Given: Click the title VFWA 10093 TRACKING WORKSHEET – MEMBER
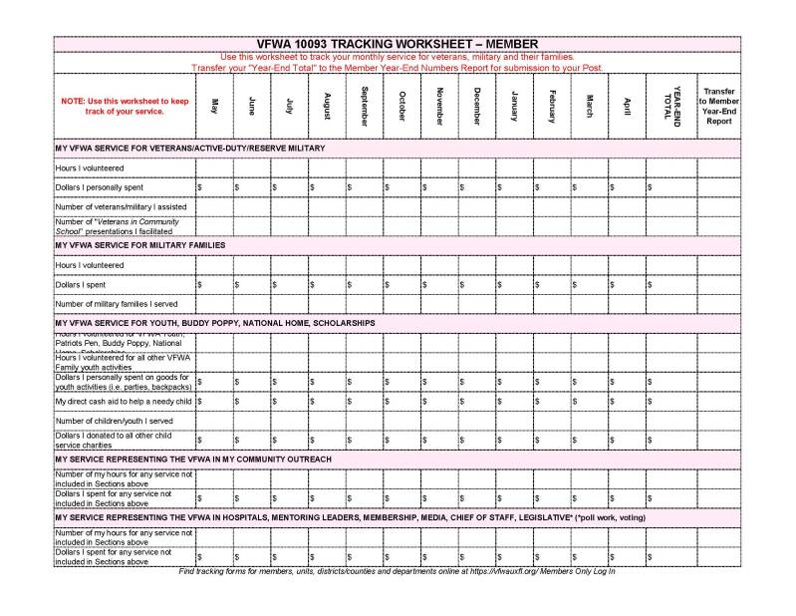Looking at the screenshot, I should [398, 44].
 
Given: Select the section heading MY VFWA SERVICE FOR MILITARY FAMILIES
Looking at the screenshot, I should [140, 244].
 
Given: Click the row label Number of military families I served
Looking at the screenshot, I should [117, 303].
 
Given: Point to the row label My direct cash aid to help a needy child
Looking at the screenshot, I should [124, 401].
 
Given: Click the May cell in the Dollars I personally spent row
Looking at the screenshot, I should [213, 186].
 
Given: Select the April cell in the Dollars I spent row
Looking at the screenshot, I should [627, 284].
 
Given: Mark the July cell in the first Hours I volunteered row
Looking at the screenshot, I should [288, 167].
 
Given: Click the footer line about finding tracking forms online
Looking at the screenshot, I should [397, 571].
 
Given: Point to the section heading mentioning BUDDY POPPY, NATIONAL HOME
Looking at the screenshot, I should [215, 323].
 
